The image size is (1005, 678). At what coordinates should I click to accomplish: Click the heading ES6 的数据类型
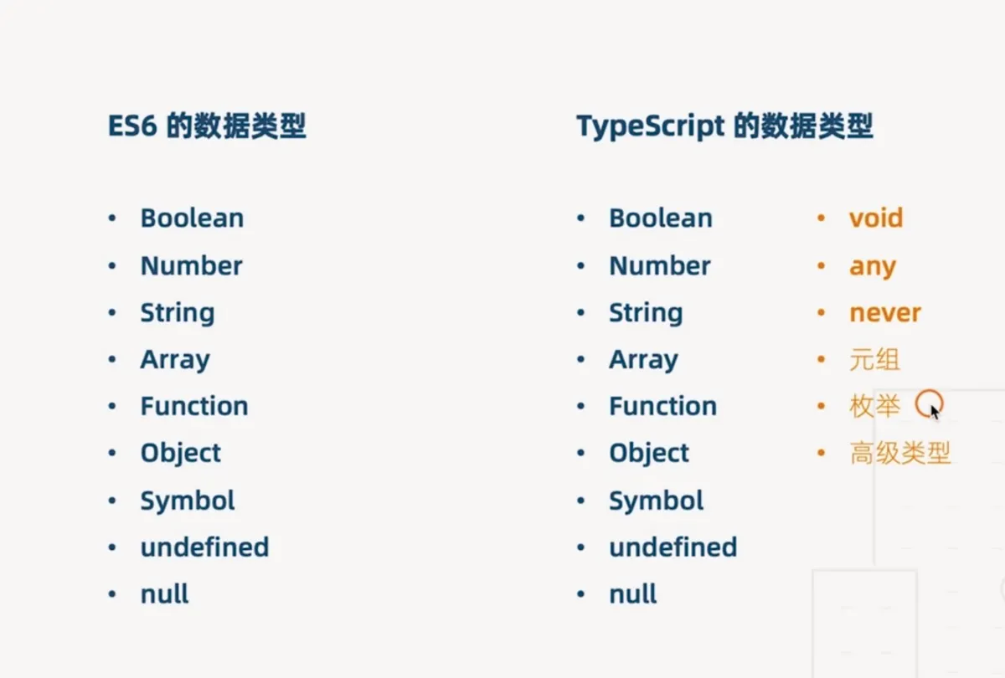(x=207, y=126)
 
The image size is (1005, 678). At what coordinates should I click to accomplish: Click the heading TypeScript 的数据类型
(x=724, y=126)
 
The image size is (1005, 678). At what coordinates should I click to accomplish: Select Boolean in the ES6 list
(x=192, y=218)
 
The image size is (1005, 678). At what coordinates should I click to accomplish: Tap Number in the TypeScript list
(x=660, y=266)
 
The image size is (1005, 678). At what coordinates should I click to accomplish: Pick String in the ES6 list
(x=178, y=313)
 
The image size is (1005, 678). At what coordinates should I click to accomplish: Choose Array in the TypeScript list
(x=644, y=360)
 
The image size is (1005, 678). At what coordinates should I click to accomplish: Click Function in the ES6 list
(x=194, y=406)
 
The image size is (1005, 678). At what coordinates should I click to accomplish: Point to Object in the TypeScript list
(x=649, y=454)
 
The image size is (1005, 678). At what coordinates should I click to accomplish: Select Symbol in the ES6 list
(x=188, y=501)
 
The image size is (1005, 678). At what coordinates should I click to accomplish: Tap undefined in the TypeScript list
(x=673, y=547)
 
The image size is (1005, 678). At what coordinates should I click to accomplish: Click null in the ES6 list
(x=165, y=594)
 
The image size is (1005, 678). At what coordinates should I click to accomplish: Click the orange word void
(x=876, y=218)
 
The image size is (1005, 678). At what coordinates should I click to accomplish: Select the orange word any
(x=873, y=268)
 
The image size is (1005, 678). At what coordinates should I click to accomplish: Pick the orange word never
(x=885, y=313)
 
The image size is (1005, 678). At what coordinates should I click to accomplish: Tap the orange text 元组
(x=875, y=360)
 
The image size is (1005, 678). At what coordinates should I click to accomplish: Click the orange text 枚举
(x=875, y=406)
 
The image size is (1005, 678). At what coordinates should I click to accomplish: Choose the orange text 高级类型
(x=900, y=453)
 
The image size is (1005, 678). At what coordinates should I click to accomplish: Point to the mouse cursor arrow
(x=935, y=412)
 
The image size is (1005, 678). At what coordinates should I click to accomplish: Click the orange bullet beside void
(x=822, y=218)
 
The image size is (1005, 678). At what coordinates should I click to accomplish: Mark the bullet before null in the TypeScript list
(x=581, y=594)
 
